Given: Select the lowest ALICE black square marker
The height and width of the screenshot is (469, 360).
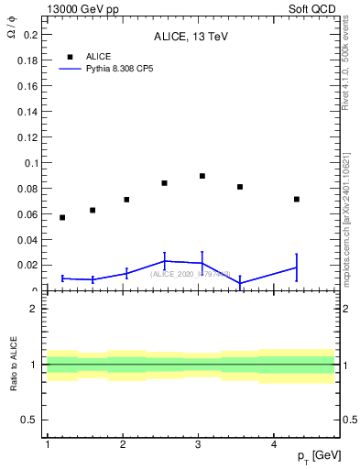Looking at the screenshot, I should (x=62, y=217).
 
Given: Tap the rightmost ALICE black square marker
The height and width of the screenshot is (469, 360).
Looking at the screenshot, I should (x=297, y=199).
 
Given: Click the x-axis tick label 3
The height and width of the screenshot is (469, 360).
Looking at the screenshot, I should (x=198, y=445).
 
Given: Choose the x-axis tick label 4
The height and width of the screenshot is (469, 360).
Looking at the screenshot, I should (x=274, y=445).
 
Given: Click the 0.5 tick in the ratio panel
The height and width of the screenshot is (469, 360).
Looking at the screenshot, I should (x=32, y=420).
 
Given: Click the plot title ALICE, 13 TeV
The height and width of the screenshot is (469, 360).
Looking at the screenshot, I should (x=191, y=37).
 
